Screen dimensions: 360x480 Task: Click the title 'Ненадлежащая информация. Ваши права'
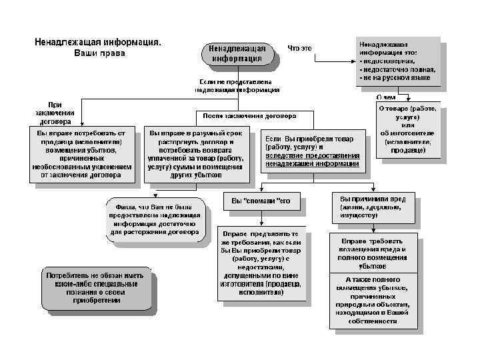coord(98,47)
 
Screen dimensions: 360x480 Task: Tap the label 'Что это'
coord(300,48)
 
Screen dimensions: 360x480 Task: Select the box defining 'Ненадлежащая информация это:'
coord(397,60)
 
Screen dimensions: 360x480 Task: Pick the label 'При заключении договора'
coord(54,113)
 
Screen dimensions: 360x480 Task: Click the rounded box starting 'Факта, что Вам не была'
coord(155,219)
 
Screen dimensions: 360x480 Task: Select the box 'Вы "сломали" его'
coord(261,201)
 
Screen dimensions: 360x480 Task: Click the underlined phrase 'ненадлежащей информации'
coord(312,163)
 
